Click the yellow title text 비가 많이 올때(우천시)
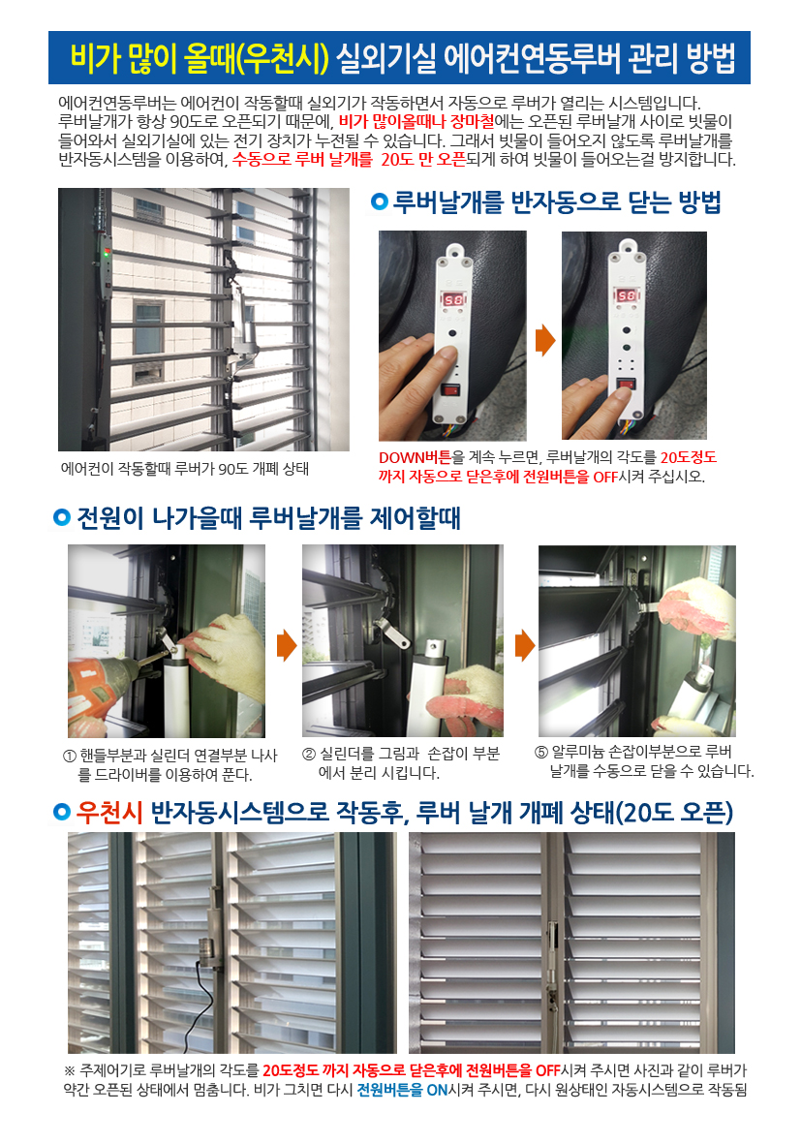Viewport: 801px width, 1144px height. (200, 58)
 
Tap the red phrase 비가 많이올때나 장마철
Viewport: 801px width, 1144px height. (416, 121)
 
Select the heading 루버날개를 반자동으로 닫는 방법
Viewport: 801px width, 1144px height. (557, 201)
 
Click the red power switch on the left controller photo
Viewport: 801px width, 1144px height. (450, 389)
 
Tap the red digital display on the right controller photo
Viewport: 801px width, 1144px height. (627, 295)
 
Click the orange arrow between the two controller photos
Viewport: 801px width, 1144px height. (545, 340)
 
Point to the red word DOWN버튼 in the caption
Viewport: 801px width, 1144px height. (415, 457)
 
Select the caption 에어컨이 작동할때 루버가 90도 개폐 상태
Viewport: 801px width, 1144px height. (185, 469)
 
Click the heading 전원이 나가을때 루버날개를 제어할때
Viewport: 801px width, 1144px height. (268, 518)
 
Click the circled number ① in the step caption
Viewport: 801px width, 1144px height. (70, 756)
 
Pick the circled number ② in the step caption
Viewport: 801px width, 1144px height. (309, 755)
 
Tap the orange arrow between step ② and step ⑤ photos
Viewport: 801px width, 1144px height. (525, 645)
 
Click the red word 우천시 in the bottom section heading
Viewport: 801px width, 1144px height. (109, 812)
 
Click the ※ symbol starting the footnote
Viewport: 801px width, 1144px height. (70, 1071)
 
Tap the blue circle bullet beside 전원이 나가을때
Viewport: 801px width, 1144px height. (61, 518)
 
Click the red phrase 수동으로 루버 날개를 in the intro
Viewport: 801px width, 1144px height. (302, 159)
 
